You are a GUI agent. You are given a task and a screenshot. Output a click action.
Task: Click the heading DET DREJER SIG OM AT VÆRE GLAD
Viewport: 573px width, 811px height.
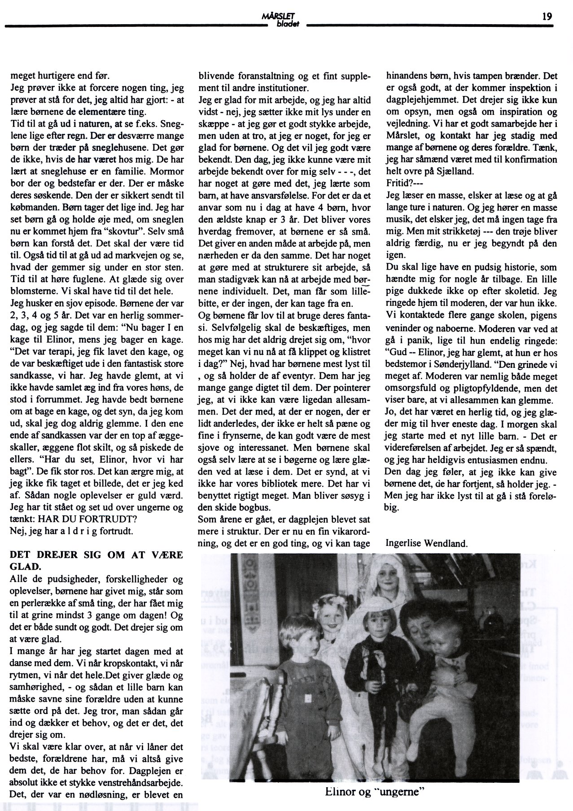96,560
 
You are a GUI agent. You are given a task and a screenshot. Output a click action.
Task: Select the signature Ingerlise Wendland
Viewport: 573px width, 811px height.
427,543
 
